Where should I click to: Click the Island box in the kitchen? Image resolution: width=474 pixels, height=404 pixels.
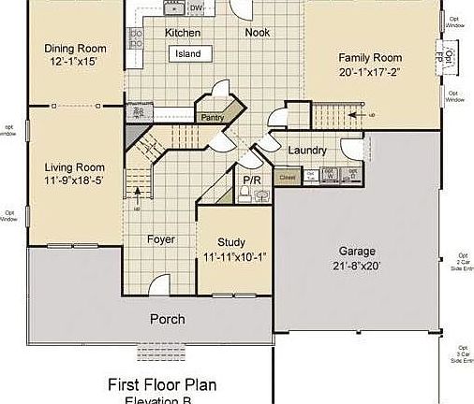[188, 54]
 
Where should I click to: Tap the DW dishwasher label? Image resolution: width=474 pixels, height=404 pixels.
[196, 8]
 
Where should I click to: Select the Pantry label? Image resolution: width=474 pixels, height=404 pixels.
[211, 117]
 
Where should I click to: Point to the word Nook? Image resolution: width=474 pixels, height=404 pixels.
[258, 33]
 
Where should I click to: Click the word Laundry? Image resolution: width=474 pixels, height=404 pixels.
[306, 151]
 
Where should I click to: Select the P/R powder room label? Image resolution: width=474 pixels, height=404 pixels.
[251, 180]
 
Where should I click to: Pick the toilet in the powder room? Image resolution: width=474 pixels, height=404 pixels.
[244, 194]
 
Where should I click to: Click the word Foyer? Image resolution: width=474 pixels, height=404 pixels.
[161, 239]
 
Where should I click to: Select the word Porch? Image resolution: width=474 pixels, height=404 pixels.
[168, 319]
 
